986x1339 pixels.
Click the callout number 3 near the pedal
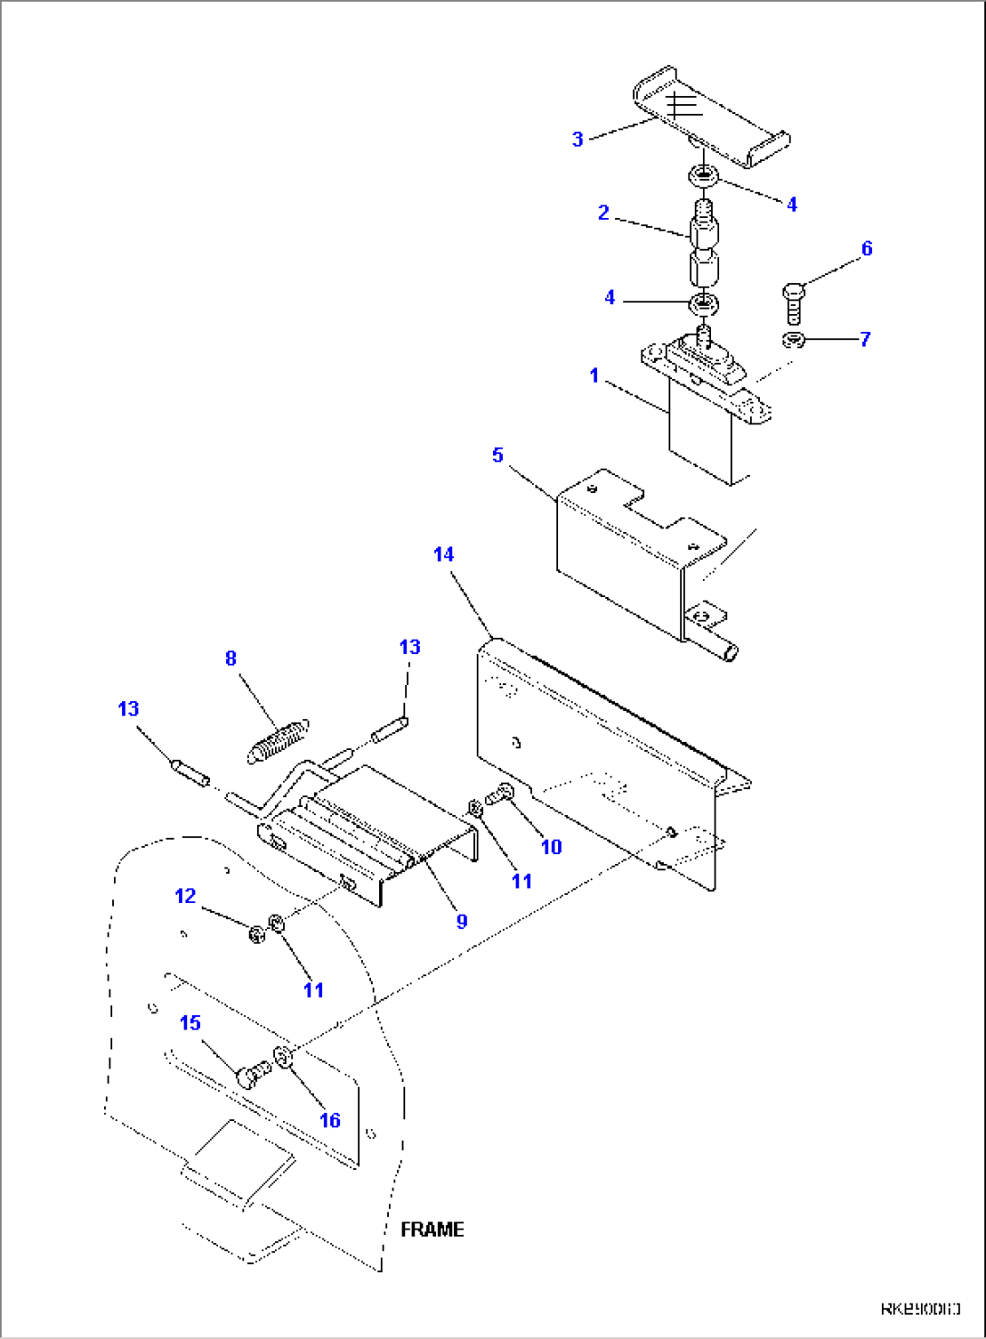(x=577, y=139)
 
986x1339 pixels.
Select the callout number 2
(x=603, y=214)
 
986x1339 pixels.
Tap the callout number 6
(x=867, y=249)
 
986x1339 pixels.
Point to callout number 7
(x=865, y=339)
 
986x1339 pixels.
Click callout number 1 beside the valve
(x=594, y=375)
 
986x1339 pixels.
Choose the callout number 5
(x=498, y=455)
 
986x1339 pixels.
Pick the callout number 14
(x=443, y=555)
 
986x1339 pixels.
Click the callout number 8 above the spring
(x=231, y=659)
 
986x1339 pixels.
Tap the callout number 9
(x=461, y=921)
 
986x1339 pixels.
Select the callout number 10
(x=551, y=847)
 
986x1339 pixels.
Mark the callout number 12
(x=185, y=896)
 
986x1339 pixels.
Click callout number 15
(x=190, y=1022)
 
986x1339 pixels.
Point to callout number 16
(x=330, y=1120)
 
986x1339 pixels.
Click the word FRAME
(x=432, y=1230)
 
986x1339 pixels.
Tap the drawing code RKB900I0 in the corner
(x=920, y=1308)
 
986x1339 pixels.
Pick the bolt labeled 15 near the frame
(x=251, y=1075)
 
